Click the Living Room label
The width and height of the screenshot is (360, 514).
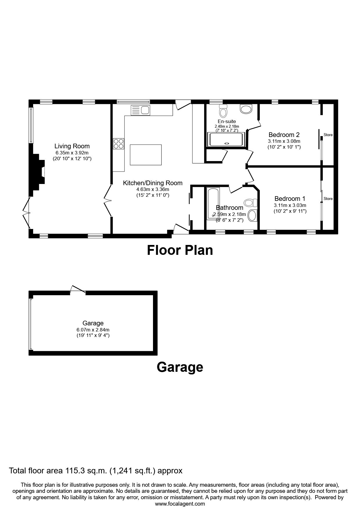[x=72, y=146]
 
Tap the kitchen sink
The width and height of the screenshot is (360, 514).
[x=141, y=110]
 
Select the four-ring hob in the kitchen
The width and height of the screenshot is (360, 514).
[x=118, y=143]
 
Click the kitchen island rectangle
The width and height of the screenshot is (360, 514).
[x=146, y=155]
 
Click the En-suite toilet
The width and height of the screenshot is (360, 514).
[x=223, y=110]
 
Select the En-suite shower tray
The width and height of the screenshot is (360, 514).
[x=226, y=140]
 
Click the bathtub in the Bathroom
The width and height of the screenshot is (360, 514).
[x=213, y=204]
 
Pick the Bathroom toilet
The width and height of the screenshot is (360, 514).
[x=251, y=202]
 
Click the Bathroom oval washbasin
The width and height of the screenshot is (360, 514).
[x=252, y=216]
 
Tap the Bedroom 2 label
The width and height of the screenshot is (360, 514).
[x=284, y=135]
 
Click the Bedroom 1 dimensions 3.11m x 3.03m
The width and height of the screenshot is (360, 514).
[x=290, y=205]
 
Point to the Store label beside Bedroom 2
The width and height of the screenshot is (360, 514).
[x=328, y=135]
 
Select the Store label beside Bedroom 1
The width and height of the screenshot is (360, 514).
[x=328, y=199]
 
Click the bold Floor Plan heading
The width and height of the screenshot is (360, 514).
[x=180, y=250]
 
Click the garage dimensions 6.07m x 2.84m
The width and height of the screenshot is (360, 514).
[x=93, y=330]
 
